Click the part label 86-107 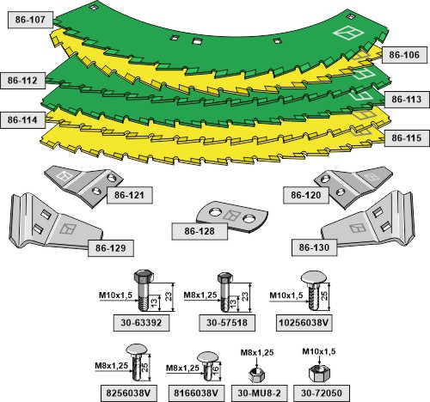pyautogui.click(x=30, y=20)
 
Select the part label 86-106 pyautogui.click(x=404, y=55)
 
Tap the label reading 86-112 pyautogui.click(x=22, y=81)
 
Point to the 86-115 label pyautogui.click(x=407, y=138)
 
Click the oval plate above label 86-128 pyautogui.click(x=232, y=216)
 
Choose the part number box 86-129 pyautogui.click(x=111, y=248)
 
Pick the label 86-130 pyautogui.click(x=314, y=247)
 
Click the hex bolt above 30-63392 pyautogui.click(x=144, y=290)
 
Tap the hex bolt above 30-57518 pyautogui.click(x=225, y=292)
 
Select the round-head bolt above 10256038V pyautogui.click(x=314, y=291)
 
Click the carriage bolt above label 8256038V pyautogui.click(x=137, y=362)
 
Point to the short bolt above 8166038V pyautogui.click(x=208, y=366)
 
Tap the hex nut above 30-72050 pyautogui.click(x=319, y=373)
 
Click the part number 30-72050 pyautogui.click(x=322, y=393)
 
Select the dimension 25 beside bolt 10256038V pyautogui.click(x=324, y=295)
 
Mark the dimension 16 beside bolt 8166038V pyautogui.click(x=215, y=368)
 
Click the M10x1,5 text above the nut pyautogui.click(x=319, y=351)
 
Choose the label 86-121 pyautogui.click(x=129, y=195)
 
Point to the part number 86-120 pyautogui.click(x=306, y=195)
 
